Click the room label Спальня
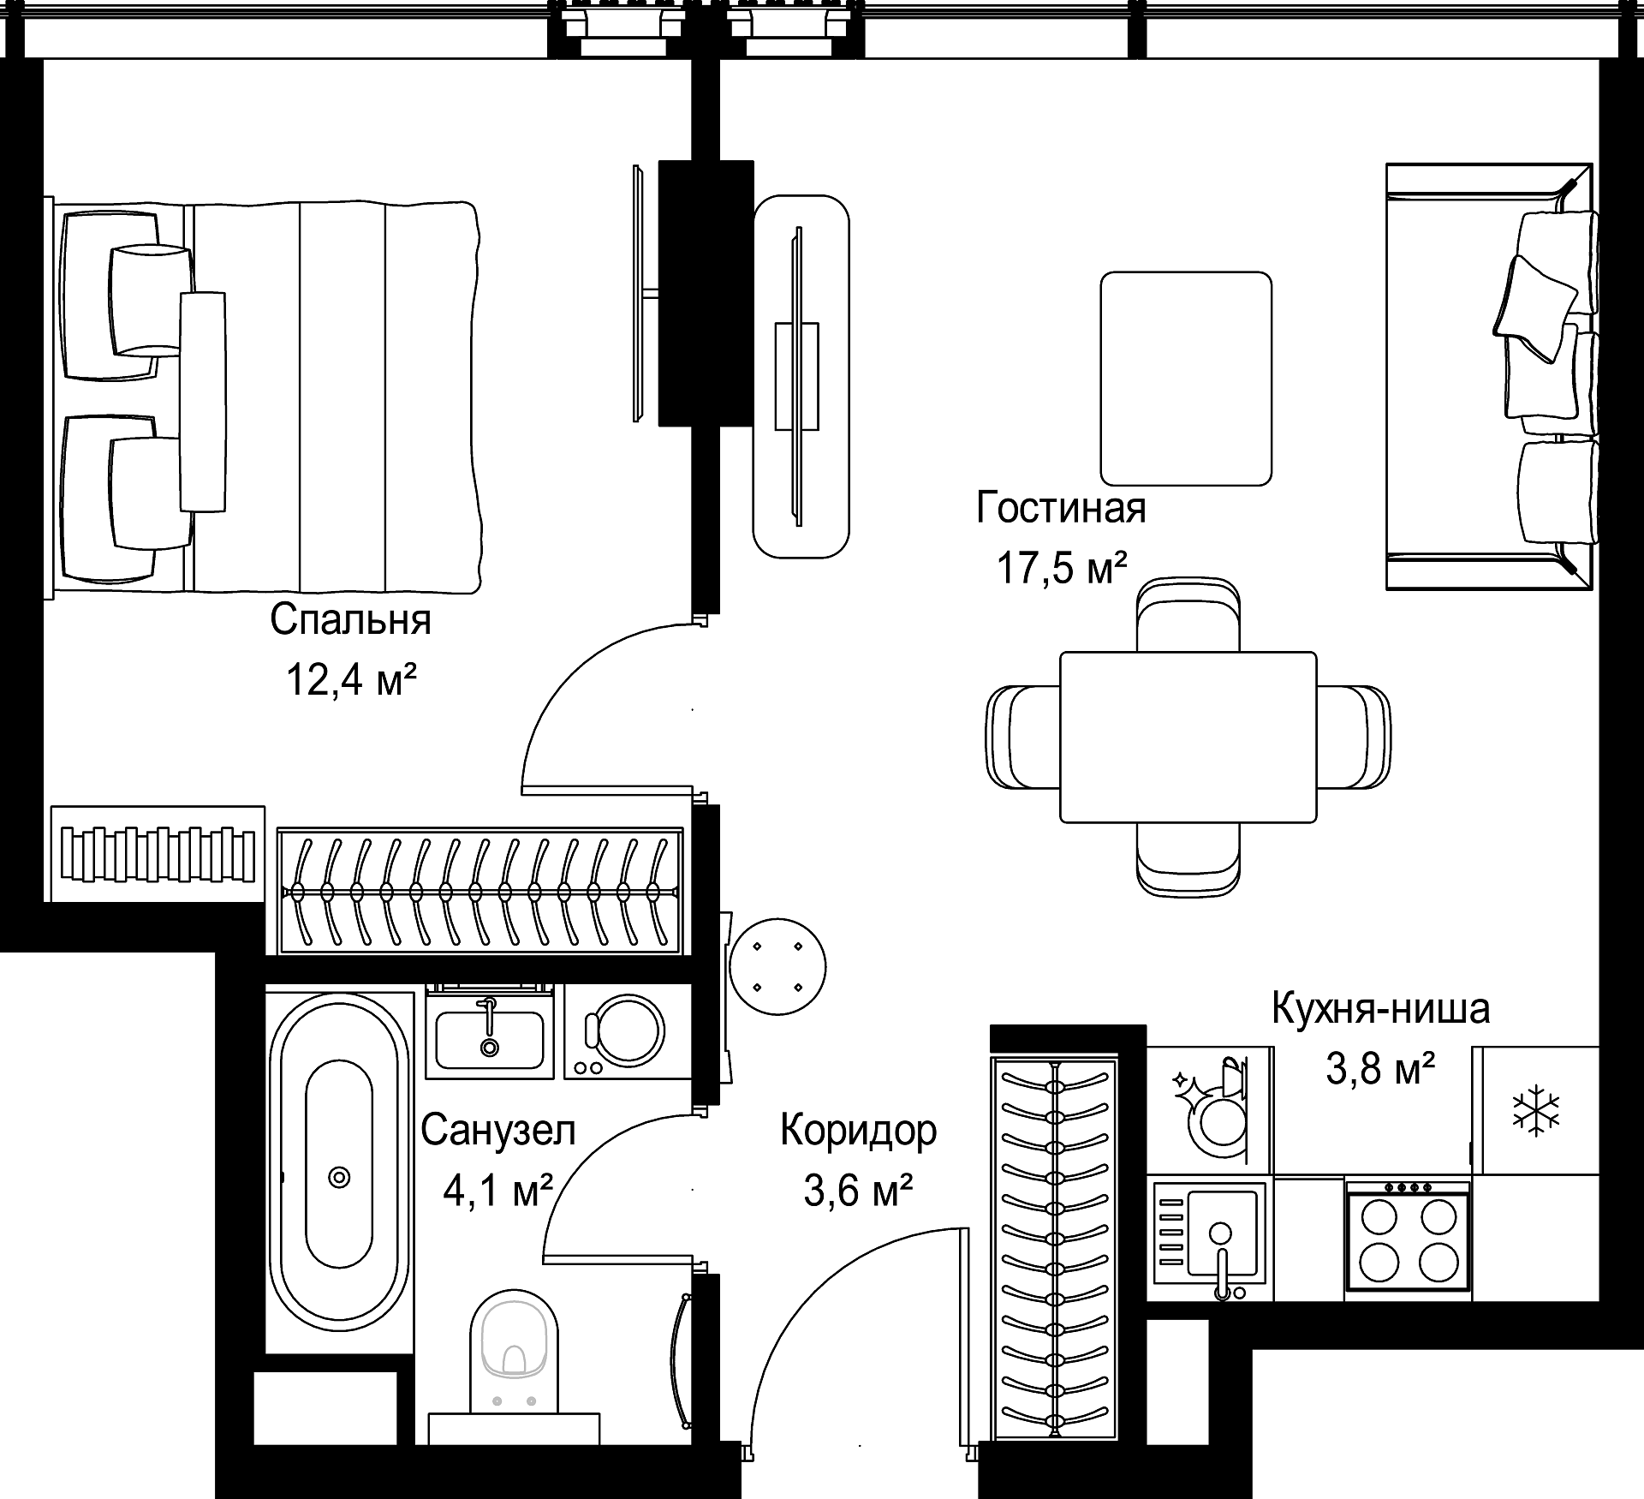click(350, 620)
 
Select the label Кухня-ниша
click(1380, 1009)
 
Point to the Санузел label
click(498, 1131)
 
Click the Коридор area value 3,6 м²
click(858, 1190)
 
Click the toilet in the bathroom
click(514, 1365)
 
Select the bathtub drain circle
click(340, 1178)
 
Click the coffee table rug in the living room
click(1186, 379)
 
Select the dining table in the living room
click(1188, 737)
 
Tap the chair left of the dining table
click(1024, 737)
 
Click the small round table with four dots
click(777, 967)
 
